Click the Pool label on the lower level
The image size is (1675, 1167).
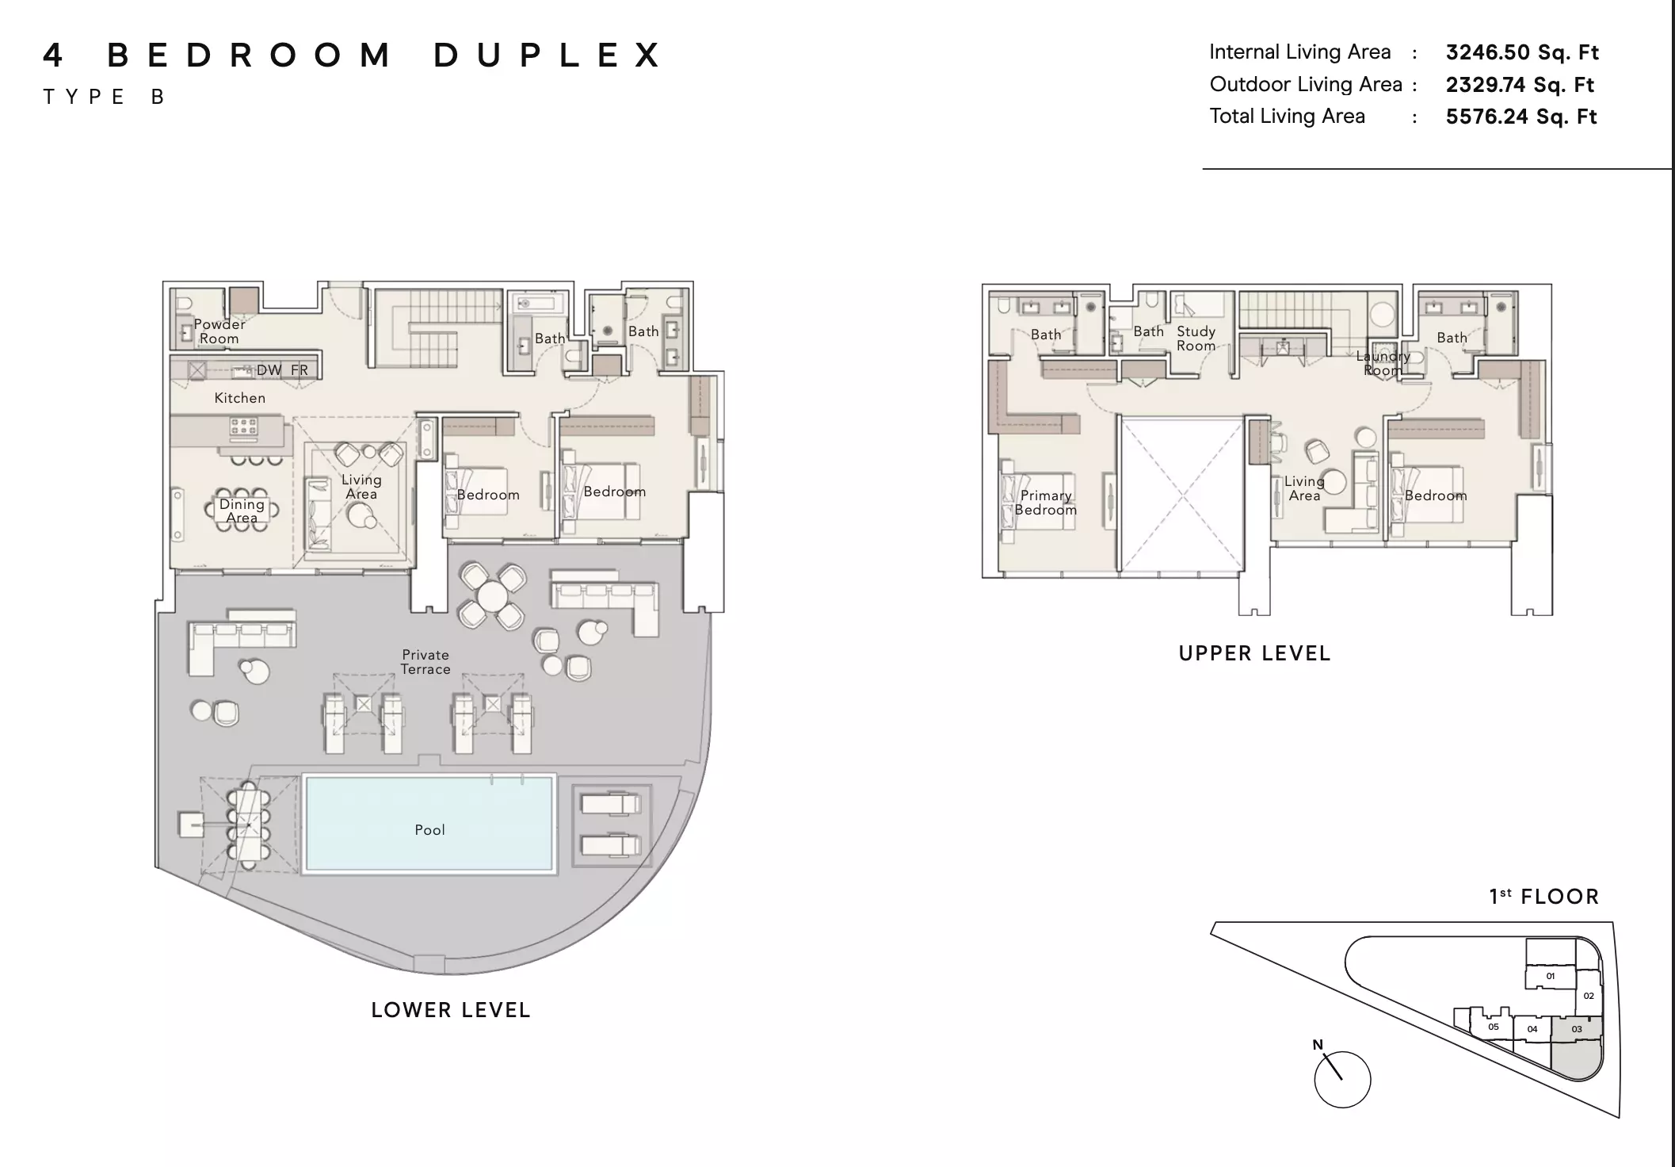[x=429, y=830]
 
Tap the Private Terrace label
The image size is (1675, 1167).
[x=425, y=662]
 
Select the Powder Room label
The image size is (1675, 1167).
[x=219, y=331]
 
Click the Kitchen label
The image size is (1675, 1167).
[x=239, y=398]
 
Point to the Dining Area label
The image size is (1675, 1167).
[x=242, y=511]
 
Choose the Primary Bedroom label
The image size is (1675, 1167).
[x=1046, y=503]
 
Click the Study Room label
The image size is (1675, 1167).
[x=1196, y=339]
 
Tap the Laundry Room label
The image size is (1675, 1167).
[x=1383, y=363]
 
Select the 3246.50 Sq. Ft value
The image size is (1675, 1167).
[x=1522, y=52]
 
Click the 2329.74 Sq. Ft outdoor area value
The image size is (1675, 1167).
[x=1520, y=85]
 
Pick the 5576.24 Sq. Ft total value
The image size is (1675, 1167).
[x=1521, y=117]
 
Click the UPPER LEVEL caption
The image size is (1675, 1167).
[x=1254, y=653]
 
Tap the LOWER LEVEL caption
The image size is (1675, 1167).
[x=451, y=1010]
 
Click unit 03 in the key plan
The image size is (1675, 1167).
[x=1577, y=1029]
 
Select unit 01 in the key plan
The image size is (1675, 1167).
[x=1551, y=976]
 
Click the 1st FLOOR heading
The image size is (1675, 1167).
[x=1544, y=897]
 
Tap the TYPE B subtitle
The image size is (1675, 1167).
[x=104, y=97]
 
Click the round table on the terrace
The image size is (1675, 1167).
[x=492, y=595]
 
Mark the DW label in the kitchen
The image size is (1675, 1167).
[x=269, y=370]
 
